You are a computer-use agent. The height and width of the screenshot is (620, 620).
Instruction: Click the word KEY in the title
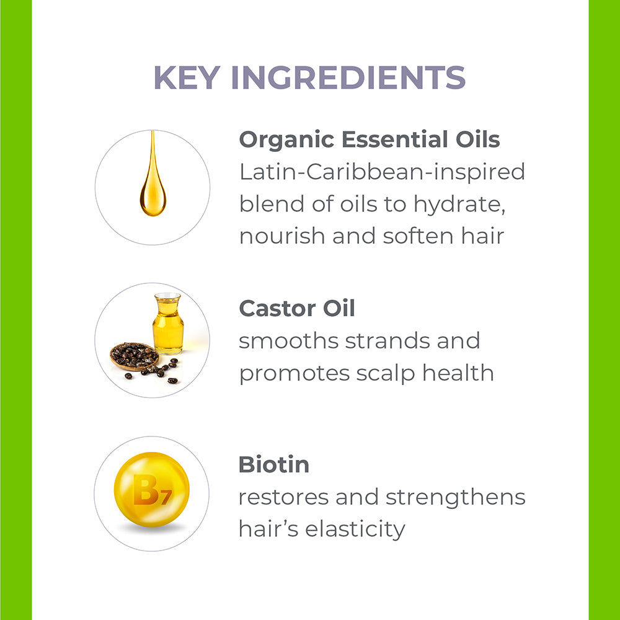[187, 77]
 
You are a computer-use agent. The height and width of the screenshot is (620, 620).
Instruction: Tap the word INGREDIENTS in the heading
[348, 77]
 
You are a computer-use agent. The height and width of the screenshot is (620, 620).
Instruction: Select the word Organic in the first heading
[286, 140]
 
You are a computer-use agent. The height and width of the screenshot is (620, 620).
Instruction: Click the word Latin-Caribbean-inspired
[382, 172]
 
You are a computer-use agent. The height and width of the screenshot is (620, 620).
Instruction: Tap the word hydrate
[459, 205]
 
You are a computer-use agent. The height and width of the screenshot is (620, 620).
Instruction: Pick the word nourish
[282, 236]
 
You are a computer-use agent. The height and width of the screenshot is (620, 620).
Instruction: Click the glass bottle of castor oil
[168, 324]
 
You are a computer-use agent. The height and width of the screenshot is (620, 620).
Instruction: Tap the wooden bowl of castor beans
[135, 356]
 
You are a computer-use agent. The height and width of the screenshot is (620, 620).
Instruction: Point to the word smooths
[289, 341]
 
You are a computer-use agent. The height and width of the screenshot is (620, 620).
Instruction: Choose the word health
[458, 373]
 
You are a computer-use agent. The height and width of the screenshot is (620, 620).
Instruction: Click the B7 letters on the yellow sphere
[153, 490]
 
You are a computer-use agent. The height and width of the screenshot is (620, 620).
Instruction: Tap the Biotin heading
[273, 464]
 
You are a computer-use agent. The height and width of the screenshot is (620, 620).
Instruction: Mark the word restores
[283, 498]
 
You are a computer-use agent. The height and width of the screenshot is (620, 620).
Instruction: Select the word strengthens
[456, 497]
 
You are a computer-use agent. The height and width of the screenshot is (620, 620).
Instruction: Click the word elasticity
[355, 529]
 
